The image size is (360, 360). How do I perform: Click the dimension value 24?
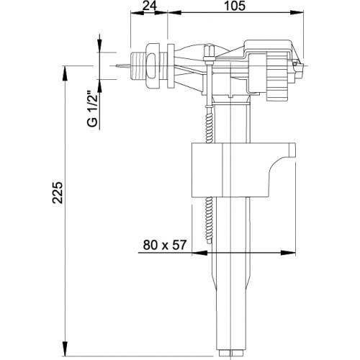pos(150,6)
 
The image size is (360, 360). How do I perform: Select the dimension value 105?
pos(235,6)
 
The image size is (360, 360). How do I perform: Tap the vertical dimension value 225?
pos(58,193)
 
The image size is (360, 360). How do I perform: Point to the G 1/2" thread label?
pos(93,109)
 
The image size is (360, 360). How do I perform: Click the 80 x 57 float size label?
pos(165,245)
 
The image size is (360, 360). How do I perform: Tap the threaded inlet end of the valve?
pos(138,66)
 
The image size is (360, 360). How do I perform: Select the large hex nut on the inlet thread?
pos(153,66)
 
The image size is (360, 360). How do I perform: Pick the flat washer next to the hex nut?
pos(171,66)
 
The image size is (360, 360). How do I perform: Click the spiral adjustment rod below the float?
pos(210,220)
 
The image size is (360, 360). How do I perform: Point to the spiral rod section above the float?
pos(210,125)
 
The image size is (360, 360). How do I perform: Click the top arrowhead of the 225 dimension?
pos(65,74)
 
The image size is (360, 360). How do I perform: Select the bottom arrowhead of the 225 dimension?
pos(65,348)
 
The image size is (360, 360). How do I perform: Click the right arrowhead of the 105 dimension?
pos(296,12)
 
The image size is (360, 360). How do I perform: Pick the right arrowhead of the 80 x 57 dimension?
pos(288,253)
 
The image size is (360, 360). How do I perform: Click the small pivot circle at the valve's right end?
pos(294,64)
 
